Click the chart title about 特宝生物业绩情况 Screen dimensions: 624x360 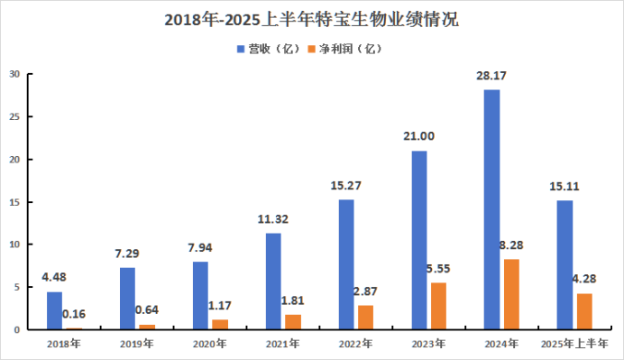[312, 20]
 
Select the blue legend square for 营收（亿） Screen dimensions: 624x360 [241, 49]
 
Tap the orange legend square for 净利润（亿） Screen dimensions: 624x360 [312, 49]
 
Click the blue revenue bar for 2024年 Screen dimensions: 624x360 [492, 209]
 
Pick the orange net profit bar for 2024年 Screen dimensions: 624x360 [511, 294]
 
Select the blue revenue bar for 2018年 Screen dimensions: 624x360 [54, 310]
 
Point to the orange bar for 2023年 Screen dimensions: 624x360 [438, 306]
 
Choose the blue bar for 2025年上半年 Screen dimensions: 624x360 [565, 265]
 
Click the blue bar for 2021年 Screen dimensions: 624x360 [273, 282]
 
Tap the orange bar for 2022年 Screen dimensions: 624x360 [366, 318]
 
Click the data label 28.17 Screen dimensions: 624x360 [491, 76]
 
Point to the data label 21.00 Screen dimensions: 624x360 [418, 136]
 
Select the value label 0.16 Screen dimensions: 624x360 [74, 314]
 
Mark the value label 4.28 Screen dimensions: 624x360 [584, 279]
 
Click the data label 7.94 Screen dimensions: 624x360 [200, 248]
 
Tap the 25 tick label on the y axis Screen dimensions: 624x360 [14, 116]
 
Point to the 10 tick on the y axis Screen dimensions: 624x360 [14, 245]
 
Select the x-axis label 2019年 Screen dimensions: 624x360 [136, 344]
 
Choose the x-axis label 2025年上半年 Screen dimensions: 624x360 [574, 344]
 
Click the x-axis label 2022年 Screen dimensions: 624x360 [355, 344]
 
